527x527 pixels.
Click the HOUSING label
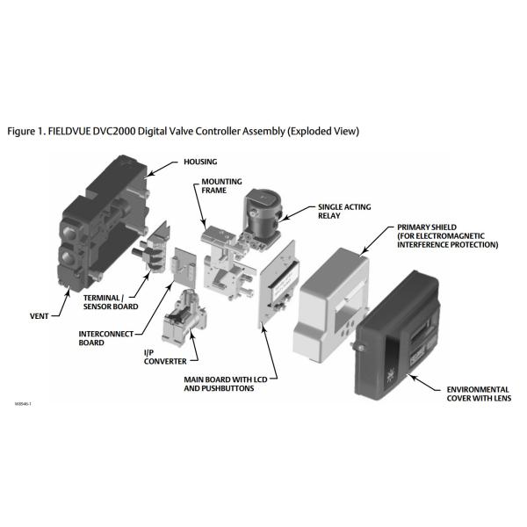coord(200,162)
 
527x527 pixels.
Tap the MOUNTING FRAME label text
coord(221,186)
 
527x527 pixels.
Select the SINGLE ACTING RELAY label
coord(344,211)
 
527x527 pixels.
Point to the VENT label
coord(39,316)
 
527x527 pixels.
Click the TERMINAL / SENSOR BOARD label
coord(111,302)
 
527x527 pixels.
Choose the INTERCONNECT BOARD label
coord(106,338)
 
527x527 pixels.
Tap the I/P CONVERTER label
coord(165,357)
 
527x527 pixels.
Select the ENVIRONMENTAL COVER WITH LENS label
coord(479,393)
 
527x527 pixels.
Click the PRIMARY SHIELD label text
coord(447,236)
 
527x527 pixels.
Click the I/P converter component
coord(184,317)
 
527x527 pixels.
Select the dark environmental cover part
coord(397,336)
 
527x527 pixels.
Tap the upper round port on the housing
coord(69,232)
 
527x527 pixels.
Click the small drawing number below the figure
coord(23,404)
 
